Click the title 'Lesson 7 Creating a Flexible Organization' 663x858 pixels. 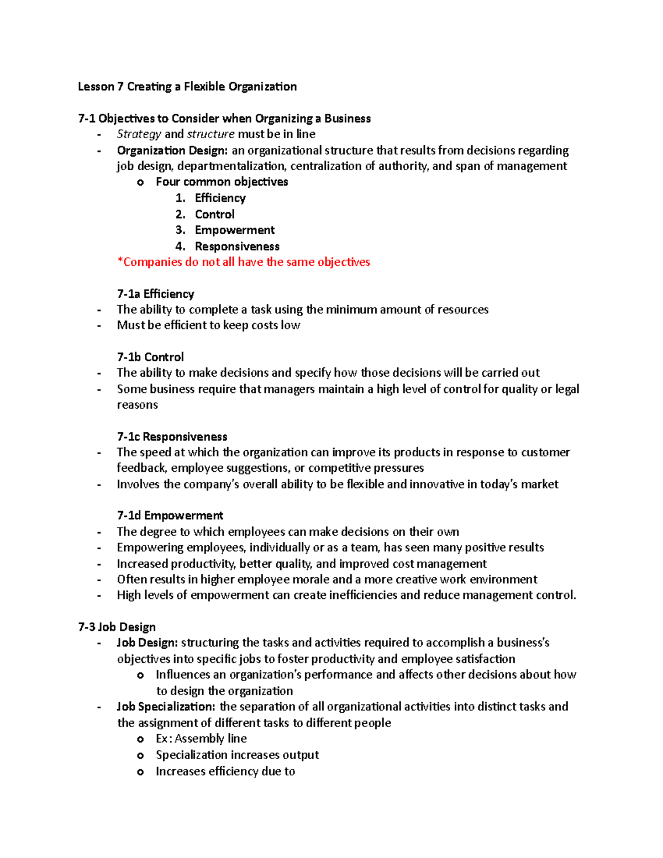[187, 87]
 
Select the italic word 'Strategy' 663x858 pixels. [139, 134]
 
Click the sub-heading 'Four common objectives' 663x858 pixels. [222, 182]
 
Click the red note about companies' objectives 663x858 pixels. [244, 262]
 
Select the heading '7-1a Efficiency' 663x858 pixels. [155, 294]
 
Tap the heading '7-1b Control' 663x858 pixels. [150, 357]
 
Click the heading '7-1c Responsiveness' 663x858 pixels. [172, 436]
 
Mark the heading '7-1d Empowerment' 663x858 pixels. [170, 515]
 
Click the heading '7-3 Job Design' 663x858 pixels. [117, 627]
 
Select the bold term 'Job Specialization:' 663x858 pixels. [166, 707]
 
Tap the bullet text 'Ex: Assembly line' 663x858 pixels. [201, 739]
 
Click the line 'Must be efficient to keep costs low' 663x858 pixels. [208, 325]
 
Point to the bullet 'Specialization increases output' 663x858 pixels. [237, 755]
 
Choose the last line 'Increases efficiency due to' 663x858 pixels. [225, 771]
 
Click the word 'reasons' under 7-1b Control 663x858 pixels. [137, 405]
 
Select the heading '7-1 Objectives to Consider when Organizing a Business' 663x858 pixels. [224, 118]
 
